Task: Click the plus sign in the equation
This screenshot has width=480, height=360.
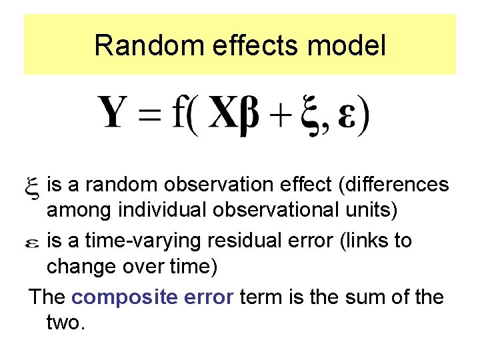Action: pos(283,116)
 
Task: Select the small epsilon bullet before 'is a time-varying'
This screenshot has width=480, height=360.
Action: pos(32,243)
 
